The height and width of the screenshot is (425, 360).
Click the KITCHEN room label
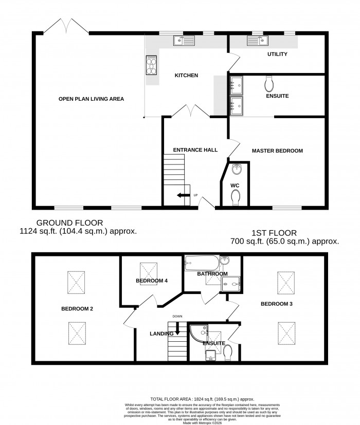click(186, 76)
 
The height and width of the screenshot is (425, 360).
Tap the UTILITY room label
click(277, 54)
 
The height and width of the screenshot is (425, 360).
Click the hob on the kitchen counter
click(152, 64)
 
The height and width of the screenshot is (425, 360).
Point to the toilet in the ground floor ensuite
click(268, 83)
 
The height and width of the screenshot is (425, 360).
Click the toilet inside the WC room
click(236, 196)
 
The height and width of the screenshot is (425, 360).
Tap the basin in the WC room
click(237, 169)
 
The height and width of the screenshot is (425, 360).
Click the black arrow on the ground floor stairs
click(182, 195)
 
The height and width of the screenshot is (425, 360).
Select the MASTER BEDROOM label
click(277, 151)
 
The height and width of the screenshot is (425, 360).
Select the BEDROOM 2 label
click(77, 309)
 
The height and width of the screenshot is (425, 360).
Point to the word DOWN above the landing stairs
click(177, 316)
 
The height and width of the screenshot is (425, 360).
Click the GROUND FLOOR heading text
click(69, 223)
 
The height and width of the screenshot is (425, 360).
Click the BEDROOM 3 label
click(276, 304)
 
